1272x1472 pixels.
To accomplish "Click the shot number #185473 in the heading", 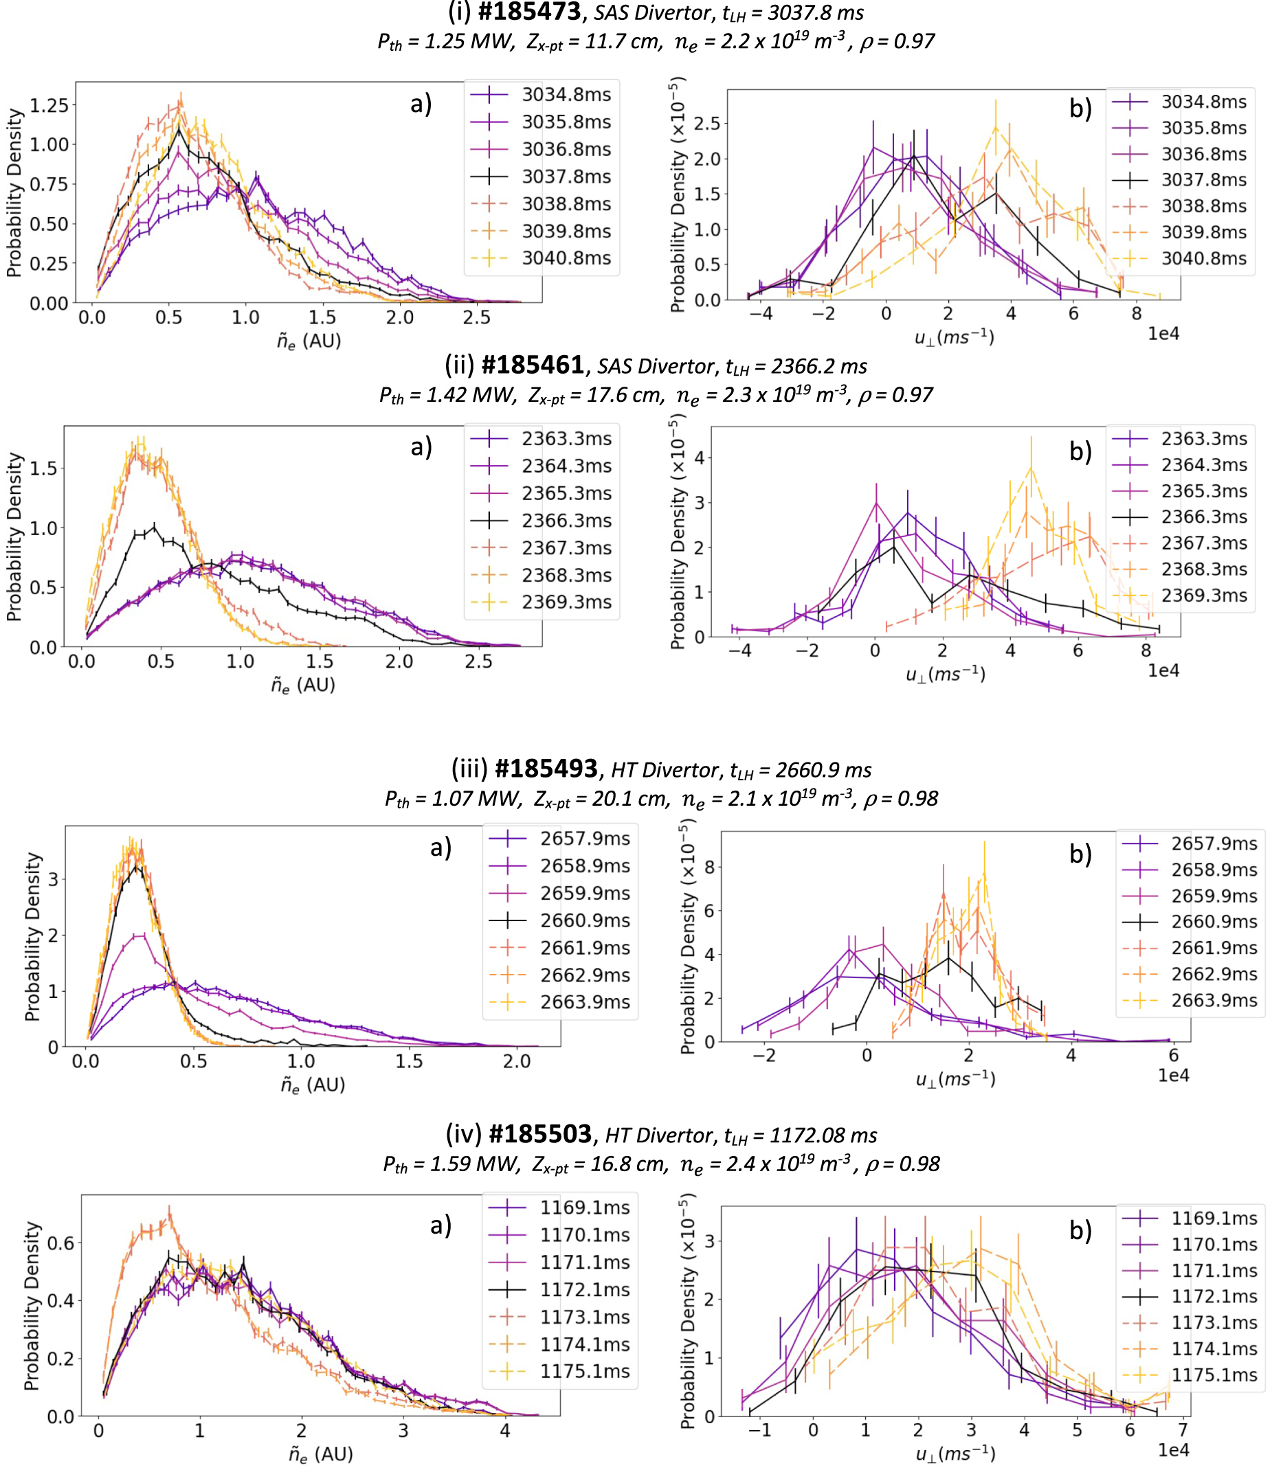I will pyautogui.click(x=528, y=12).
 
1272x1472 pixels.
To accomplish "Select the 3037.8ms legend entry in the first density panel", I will pyautogui.click(x=566, y=176).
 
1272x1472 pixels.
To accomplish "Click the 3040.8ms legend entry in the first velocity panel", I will pyautogui.click(x=1204, y=258).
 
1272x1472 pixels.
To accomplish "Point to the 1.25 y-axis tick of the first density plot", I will pyautogui.click(x=49, y=105).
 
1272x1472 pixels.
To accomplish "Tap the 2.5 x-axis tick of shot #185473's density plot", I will pyautogui.click(x=476, y=317).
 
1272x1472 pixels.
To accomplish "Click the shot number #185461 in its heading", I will pyautogui.click(x=533, y=365).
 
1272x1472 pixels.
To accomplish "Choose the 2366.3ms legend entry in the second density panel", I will pyautogui.click(x=566, y=520).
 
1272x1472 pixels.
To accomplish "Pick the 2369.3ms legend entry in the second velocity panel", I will pyautogui.click(x=1204, y=596).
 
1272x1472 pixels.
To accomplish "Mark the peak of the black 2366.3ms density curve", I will pyautogui.click(x=154, y=526).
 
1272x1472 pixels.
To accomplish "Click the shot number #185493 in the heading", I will pyautogui.click(x=546, y=769).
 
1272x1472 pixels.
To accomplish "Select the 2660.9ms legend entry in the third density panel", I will pyautogui.click(x=584, y=920).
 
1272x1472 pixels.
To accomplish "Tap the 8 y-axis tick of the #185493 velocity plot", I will pyautogui.click(x=708, y=867).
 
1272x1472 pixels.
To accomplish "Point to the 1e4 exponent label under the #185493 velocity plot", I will pyautogui.click(x=1172, y=1075).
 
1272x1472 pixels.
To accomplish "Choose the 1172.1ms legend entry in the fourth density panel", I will pyautogui.click(x=584, y=1289).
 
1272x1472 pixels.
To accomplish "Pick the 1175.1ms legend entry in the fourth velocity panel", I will pyautogui.click(x=1214, y=1374).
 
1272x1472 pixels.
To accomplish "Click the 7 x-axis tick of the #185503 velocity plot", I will pyautogui.click(x=1183, y=1429).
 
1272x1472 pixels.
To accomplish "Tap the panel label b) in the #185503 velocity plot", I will pyautogui.click(x=1080, y=1230).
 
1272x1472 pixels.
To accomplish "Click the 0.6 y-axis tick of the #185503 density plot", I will pyautogui.click(x=60, y=1243).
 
